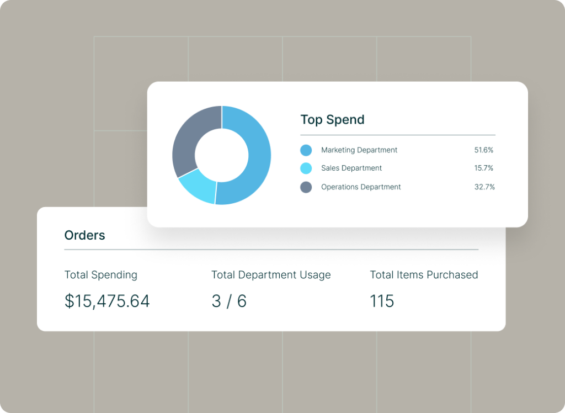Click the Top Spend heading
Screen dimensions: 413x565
(x=332, y=120)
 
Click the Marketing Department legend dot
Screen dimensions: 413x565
(x=306, y=150)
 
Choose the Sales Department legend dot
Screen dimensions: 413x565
(x=306, y=168)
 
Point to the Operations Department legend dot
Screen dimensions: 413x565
(x=306, y=187)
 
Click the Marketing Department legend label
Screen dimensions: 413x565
(x=359, y=150)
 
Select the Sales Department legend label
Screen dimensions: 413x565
(x=351, y=168)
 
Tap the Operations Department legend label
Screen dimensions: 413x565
(x=361, y=187)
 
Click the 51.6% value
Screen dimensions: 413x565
(x=483, y=150)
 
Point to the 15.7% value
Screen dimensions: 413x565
(x=483, y=168)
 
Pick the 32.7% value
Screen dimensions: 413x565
(x=484, y=187)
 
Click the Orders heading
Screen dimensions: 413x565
(x=84, y=235)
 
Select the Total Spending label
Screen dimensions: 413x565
(x=101, y=275)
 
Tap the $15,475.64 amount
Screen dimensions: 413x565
(x=107, y=301)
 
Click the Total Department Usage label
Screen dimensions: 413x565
(x=271, y=275)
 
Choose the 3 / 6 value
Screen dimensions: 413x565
(x=229, y=301)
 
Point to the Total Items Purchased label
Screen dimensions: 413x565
(x=424, y=275)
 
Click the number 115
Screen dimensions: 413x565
(x=382, y=301)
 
